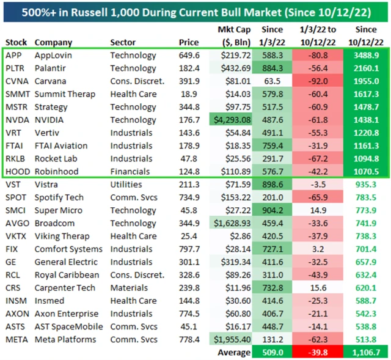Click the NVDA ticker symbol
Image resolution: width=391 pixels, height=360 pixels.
[15, 120]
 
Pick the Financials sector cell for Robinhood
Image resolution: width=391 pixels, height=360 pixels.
[131, 172]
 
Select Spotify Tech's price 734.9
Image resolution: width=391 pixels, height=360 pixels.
[189, 197]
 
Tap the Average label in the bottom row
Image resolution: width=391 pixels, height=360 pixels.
[234, 352]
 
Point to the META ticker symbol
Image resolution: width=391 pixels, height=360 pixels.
[16, 339]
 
